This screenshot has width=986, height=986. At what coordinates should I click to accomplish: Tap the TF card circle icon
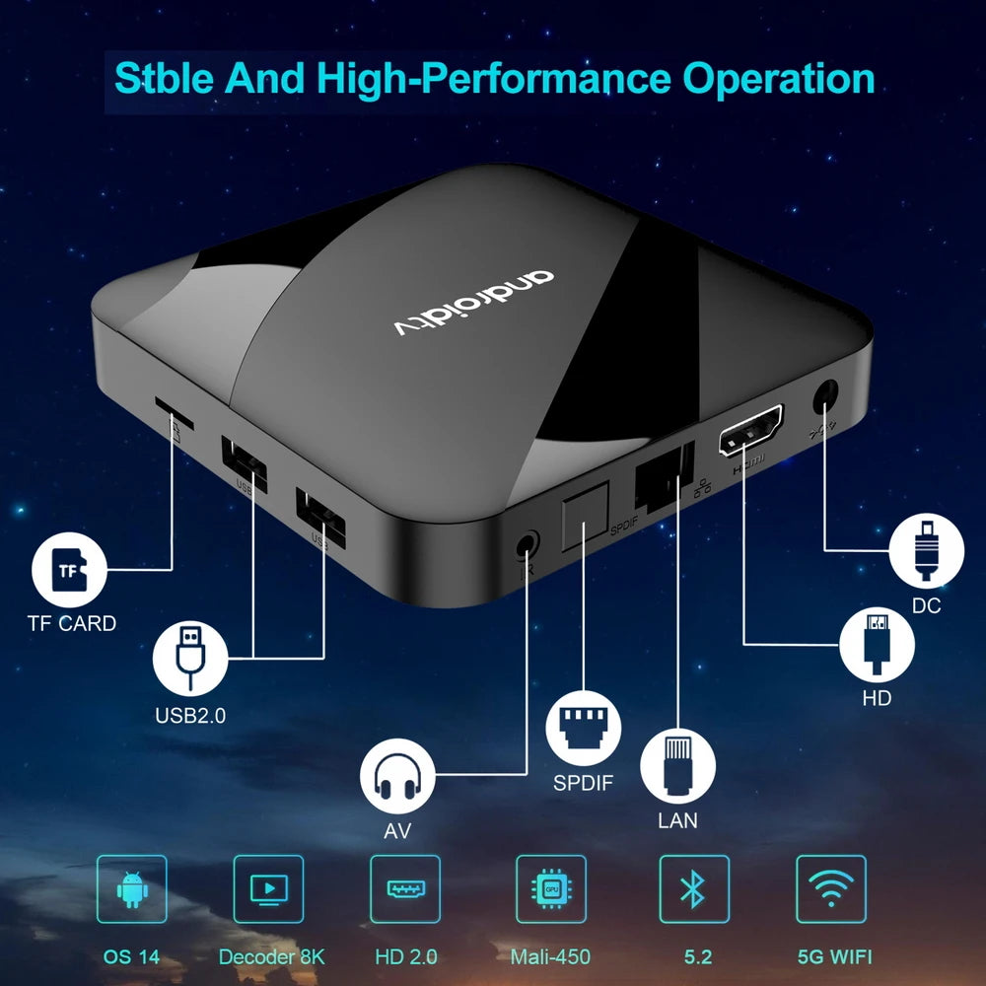click(69, 570)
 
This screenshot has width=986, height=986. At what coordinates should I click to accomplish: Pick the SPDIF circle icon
click(583, 731)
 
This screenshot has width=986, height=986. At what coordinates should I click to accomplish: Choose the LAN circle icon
click(677, 767)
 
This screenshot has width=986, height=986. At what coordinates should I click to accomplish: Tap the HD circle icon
click(875, 643)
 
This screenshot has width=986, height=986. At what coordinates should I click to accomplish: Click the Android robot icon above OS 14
click(131, 889)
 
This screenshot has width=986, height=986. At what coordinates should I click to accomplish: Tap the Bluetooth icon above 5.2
click(694, 889)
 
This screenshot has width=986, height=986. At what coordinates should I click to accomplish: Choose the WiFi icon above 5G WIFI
click(831, 889)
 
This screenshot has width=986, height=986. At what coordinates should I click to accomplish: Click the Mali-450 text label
click(550, 956)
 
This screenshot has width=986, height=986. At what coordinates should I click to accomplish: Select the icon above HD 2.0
click(405, 889)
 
